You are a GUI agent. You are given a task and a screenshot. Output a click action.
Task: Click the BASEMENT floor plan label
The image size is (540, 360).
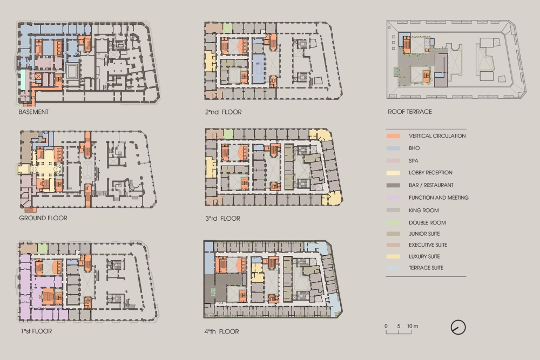33,112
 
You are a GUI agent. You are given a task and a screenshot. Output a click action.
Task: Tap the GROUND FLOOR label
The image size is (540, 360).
43,218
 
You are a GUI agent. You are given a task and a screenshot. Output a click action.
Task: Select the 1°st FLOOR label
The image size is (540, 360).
36,331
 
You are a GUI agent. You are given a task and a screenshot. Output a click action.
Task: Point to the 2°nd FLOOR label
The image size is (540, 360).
223,112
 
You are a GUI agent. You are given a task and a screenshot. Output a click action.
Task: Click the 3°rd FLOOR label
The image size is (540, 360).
222,218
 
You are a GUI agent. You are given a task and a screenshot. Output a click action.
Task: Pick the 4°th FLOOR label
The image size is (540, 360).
221,331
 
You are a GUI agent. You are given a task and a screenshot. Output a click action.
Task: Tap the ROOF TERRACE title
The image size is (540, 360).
410,112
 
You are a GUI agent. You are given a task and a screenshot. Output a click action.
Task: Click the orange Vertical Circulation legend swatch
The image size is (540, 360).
393,136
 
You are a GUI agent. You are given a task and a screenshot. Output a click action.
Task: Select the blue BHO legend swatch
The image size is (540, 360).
393,148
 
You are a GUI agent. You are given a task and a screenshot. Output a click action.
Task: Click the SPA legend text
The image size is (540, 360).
413,161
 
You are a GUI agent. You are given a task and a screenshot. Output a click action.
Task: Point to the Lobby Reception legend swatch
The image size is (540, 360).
393,173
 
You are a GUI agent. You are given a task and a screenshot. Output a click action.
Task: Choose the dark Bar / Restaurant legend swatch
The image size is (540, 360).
393,185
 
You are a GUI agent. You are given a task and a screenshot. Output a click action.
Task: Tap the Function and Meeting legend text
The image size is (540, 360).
438,198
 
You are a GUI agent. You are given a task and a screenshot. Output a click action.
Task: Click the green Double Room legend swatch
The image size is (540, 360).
393,223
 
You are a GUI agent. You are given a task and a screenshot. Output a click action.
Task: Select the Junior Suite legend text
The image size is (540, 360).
424,234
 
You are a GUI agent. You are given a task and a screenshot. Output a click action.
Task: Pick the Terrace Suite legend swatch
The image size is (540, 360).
393,268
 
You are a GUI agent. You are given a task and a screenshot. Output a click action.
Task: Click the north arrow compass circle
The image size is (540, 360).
458,327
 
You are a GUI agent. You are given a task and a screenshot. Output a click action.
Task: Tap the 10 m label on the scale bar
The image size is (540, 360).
413,326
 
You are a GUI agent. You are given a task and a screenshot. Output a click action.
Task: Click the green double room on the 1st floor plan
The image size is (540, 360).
42,248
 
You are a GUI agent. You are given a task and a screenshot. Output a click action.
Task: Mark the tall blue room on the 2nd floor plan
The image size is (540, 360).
258,69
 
